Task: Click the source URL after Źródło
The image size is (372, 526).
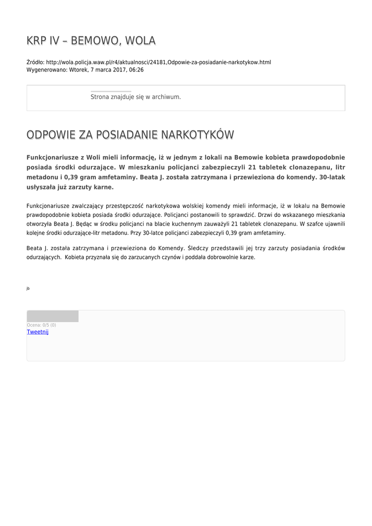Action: coord(158,62)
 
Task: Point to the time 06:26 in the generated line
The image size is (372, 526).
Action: coord(136,70)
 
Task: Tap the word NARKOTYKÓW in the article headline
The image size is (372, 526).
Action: coord(198,135)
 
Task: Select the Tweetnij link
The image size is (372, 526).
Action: coord(37,332)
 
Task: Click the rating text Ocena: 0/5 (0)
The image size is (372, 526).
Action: coord(42,325)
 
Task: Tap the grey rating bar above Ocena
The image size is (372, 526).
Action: coord(52,316)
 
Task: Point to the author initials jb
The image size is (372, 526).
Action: coord(28,289)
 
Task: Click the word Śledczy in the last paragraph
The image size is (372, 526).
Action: coord(199,248)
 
